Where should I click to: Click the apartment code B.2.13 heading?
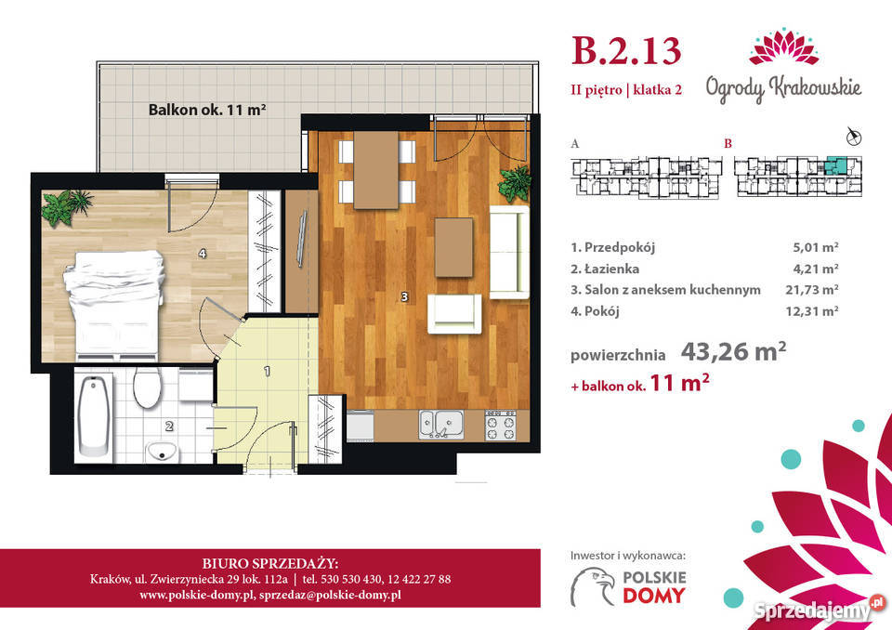(x=625, y=51)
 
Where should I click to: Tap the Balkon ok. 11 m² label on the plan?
(x=207, y=110)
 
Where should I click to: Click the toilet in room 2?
(x=148, y=387)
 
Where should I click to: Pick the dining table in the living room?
(x=376, y=170)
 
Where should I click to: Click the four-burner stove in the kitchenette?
(x=501, y=426)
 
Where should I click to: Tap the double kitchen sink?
(x=441, y=426)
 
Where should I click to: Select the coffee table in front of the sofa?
(x=454, y=247)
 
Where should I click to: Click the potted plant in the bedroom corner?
(x=66, y=206)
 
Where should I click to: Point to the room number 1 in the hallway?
(x=267, y=372)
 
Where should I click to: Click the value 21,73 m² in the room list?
(x=812, y=290)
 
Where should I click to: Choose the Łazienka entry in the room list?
(x=605, y=269)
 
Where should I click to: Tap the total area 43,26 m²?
(x=733, y=352)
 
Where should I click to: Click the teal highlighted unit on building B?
(x=835, y=166)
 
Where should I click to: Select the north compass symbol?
(x=853, y=136)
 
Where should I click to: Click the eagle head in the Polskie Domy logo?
(x=594, y=585)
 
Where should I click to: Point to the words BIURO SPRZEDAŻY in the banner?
(x=270, y=563)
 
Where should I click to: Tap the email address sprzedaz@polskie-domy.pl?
(x=330, y=596)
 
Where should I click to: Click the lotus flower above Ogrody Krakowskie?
(x=784, y=46)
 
